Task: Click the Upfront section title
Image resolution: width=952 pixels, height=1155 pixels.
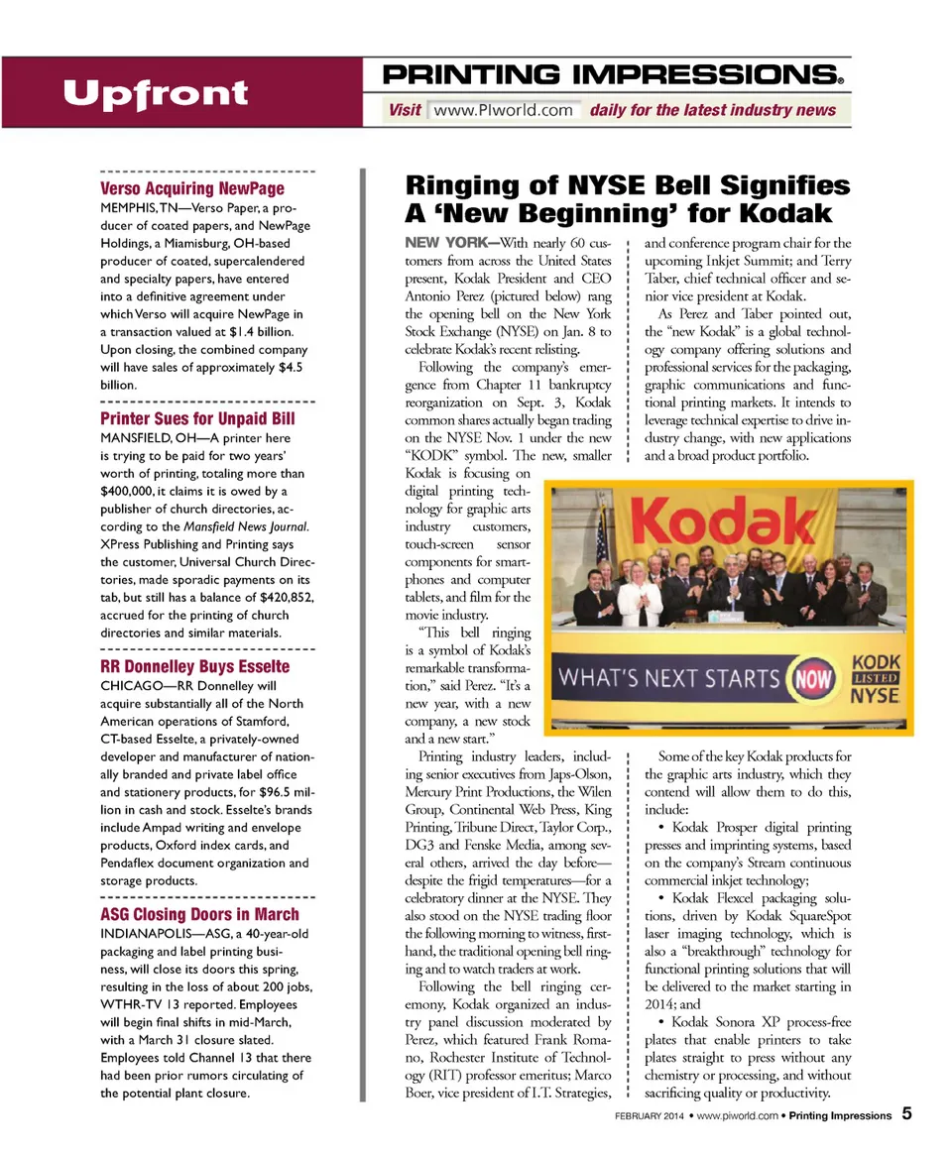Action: (155, 94)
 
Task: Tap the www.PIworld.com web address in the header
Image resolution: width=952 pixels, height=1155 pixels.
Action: (504, 110)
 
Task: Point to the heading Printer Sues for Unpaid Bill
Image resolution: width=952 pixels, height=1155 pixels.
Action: (197, 418)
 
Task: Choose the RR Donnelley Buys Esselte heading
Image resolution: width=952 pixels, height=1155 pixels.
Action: (195, 665)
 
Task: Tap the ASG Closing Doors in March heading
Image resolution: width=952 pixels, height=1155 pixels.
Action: (199, 913)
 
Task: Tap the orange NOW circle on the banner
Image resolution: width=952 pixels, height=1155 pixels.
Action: (806, 680)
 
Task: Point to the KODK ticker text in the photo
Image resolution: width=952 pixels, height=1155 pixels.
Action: (875, 662)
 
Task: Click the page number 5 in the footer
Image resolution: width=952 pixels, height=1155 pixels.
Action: (906, 1113)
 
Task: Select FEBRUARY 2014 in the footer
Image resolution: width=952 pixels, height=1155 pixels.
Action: (648, 1115)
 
